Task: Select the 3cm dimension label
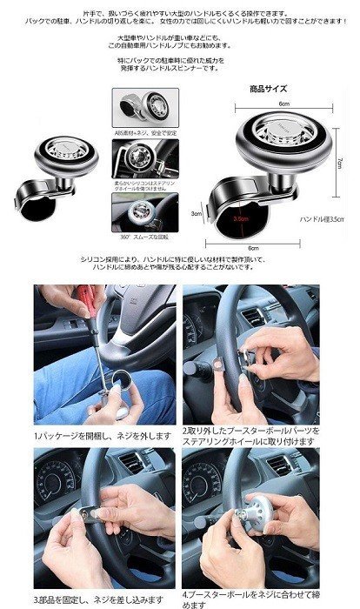pos(197,213)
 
